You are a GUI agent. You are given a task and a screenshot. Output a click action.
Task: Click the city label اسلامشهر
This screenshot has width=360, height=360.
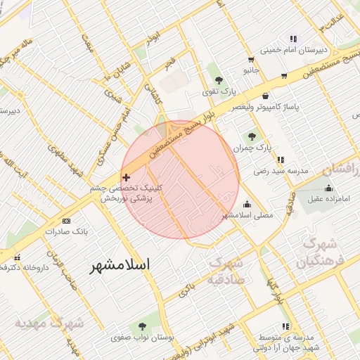pyautogui.click(x=122, y=265)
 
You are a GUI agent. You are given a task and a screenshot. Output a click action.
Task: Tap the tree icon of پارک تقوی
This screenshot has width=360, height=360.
pyautogui.click(x=219, y=80)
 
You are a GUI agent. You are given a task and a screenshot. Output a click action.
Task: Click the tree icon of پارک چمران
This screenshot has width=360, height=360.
pyautogui.click(x=252, y=136)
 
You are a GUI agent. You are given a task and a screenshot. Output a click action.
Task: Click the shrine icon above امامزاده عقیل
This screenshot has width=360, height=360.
pyautogui.click(x=328, y=188)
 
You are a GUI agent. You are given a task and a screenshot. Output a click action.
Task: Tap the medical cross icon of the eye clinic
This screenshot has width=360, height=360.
pyautogui.click(x=126, y=178)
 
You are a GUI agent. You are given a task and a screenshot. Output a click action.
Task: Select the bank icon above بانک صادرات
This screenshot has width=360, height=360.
pyautogui.click(x=67, y=221)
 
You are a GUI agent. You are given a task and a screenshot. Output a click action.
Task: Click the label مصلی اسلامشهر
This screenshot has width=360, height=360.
pyautogui.click(x=247, y=214)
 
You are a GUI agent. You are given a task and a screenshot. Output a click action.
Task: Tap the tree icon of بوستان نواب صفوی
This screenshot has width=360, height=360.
pyautogui.click(x=143, y=326)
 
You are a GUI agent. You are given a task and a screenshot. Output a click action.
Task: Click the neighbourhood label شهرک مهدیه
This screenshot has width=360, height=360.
pyautogui.click(x=49, y=323)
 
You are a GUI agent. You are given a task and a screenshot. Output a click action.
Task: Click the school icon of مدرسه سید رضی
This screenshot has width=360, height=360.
pyautogui.click(x=281, y=160)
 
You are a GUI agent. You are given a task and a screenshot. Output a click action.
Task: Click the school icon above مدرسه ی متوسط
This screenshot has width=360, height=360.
pyautogui.click(x=285, y=327)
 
